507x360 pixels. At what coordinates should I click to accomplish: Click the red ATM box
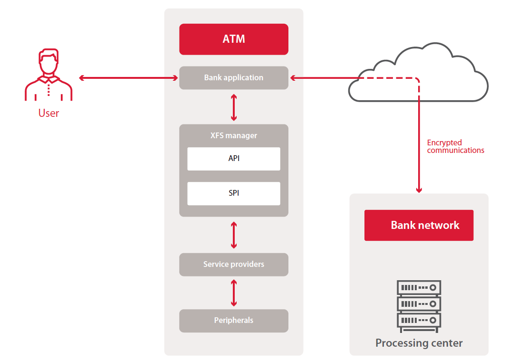[x=233, y=39]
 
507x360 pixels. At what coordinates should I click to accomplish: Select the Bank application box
[x=233, y=77]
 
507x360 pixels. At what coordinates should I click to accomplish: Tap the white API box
[x=233, y=159]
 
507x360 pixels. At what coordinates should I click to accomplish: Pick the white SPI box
[x=233, y=193]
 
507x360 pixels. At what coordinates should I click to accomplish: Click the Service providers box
[x=233, y=264]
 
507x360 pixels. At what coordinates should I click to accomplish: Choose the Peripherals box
[x=233, y=321]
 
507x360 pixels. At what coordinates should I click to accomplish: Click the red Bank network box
[x=419, y=225]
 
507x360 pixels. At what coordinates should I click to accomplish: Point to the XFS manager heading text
[x=233, y=135]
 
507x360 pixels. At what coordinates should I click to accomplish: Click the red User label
[x=48, y=114]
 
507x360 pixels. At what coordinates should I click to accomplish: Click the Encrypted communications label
[x=455, y=146]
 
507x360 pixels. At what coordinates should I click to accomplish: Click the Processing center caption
[x=419, y=343]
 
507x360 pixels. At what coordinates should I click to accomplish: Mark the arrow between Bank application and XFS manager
[x=233, y=107]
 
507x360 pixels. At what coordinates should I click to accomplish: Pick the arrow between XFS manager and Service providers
[x=233, y=235]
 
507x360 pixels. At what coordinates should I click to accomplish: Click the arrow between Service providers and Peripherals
[x=233, y=293]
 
